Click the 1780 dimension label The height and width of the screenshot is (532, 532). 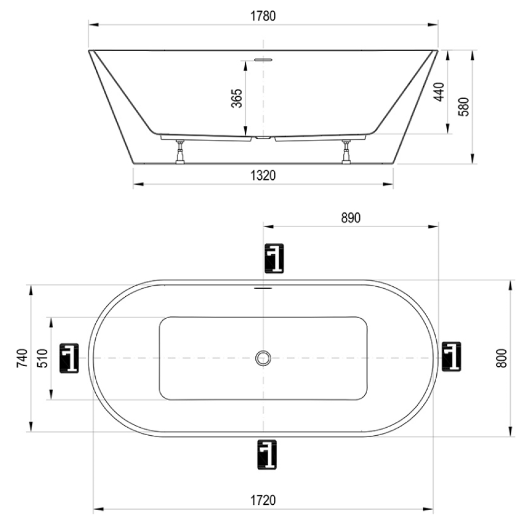coord(263,16)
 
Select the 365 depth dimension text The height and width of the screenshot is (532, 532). coord(237,98)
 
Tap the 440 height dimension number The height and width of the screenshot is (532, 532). coord(439,92)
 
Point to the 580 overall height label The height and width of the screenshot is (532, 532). coord(463,106)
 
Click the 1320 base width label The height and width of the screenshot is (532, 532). coord(263,176)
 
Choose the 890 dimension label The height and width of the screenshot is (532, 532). coord(351,218)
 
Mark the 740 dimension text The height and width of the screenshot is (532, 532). coord(22,358)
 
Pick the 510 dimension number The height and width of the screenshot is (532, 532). coord(43,358)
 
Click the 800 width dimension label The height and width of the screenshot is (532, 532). coord(501,358)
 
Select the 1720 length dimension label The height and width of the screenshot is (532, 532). coord(263,500)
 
